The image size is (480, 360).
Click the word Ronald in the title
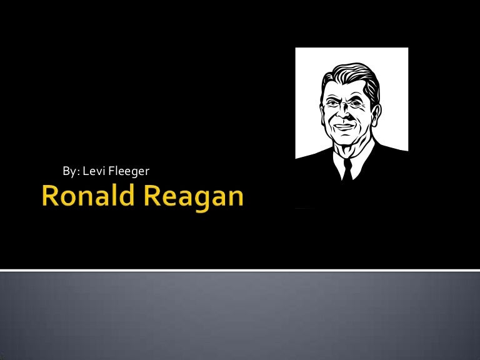click(x=88, y=195)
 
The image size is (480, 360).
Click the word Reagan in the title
click(x=194, y=197)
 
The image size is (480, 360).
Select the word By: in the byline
click(x=71, y=171)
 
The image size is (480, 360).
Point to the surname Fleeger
click(x=129, y=171)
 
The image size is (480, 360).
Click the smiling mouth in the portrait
click(x=344, y=126)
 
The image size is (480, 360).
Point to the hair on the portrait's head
click(x=352, y=76)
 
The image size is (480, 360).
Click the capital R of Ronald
click(x=50, y=195)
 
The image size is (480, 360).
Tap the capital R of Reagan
click(x=152, y=195)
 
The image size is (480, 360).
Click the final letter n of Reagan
click(x=236, y=197)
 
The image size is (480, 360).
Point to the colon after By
click(x=78, y=172)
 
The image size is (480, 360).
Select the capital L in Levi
click(x=86, y=171)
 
